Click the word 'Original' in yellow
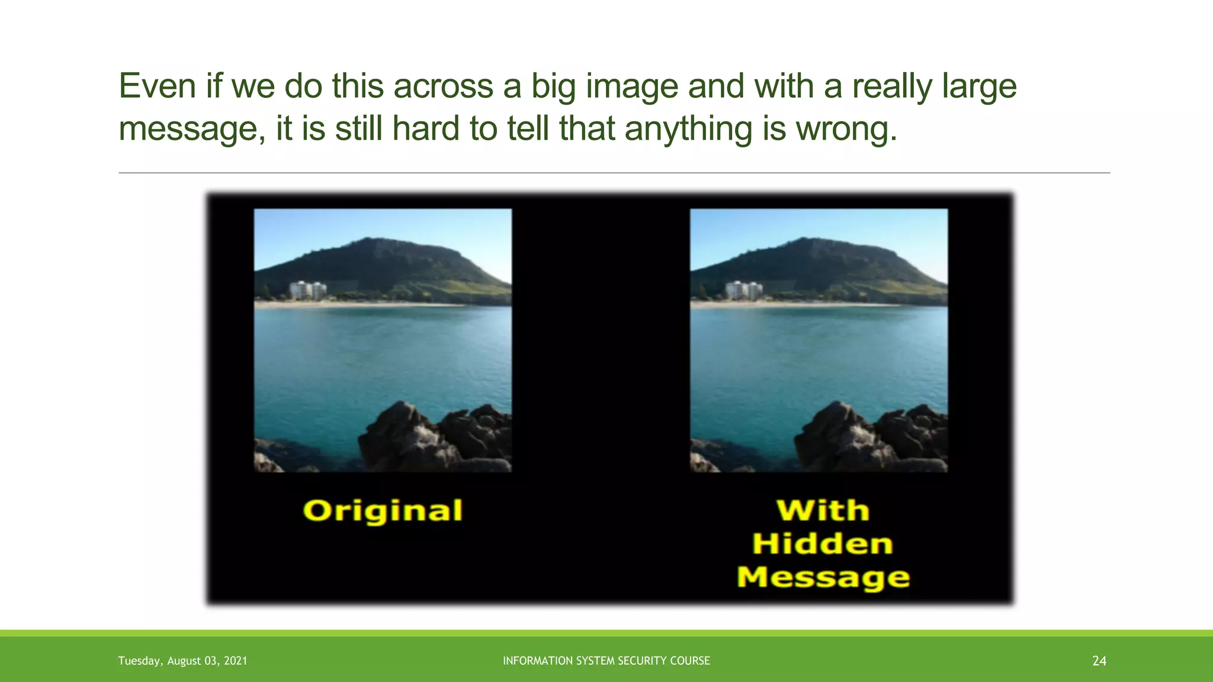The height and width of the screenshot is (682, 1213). pos(383,511)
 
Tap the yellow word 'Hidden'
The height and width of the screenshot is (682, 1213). pos(823,544)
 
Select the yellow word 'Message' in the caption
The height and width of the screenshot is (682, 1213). pos(823,577)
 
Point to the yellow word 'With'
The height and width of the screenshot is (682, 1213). pos(823,510)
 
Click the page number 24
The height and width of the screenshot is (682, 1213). pos(1099,661)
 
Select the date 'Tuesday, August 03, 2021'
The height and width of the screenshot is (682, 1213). pos(182,661)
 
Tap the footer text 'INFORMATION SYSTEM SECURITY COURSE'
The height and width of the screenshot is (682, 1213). pos(606,661)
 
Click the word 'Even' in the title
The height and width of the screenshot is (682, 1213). pos(158,86)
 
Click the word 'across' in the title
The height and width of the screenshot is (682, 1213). pos(443,86)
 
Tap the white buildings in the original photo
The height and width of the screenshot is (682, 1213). pos(307,290)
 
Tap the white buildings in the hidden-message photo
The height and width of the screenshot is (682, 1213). pos(744,290)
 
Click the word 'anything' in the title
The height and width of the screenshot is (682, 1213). pos(688,129)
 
